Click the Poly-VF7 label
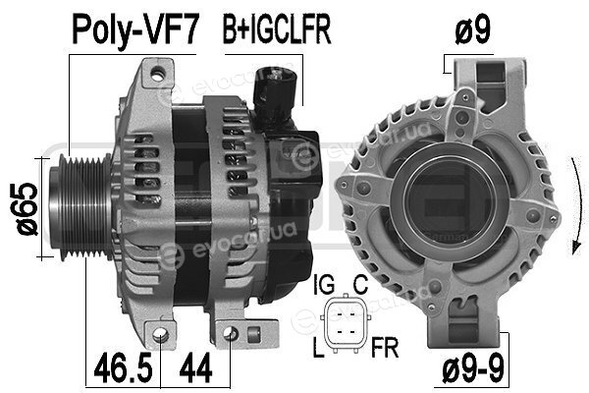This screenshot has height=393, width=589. point(134,30)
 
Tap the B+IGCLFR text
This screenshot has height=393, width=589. point(277,29)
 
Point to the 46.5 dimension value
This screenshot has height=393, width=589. point(123,368)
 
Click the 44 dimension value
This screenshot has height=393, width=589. point(195,368)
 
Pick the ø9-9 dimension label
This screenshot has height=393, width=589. point(473,368)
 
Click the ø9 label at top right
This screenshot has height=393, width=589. point(472,30)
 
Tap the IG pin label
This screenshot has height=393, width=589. point(323,285)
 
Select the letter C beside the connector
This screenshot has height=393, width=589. point(360,285)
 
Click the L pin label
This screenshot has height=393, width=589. point(318,348)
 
